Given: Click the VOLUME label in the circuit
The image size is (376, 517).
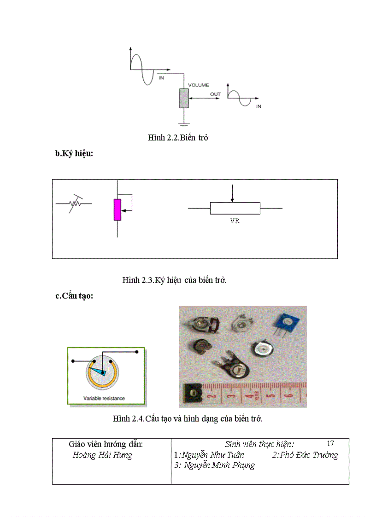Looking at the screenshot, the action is (x=198, y=85).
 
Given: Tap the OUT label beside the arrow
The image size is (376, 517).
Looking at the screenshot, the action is (x=215, y=94).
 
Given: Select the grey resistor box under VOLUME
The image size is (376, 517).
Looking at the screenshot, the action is (x=184, y=98).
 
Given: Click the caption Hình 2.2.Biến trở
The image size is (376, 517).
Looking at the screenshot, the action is (x=178, y=138).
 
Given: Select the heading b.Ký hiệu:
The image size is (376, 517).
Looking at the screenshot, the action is (x=74, y=154).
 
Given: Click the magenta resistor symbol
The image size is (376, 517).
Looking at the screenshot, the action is (x=117, y=209).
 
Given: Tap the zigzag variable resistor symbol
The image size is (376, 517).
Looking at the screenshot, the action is (x=74, y=203).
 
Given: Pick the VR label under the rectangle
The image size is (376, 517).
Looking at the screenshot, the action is (x=235, y=221).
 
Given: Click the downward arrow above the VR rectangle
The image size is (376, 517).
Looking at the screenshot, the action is (x=233, y=193).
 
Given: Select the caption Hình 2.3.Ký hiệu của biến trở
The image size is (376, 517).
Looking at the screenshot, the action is (x=174, y=280).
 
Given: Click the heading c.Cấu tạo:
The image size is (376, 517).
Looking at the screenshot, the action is (x=74, y=296).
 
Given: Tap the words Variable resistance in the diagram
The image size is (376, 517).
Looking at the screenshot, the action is (x=104, y=398).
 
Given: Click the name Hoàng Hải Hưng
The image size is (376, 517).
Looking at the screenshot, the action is (x=102, y=455).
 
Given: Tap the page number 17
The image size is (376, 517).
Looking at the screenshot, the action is (x=330, y=444).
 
